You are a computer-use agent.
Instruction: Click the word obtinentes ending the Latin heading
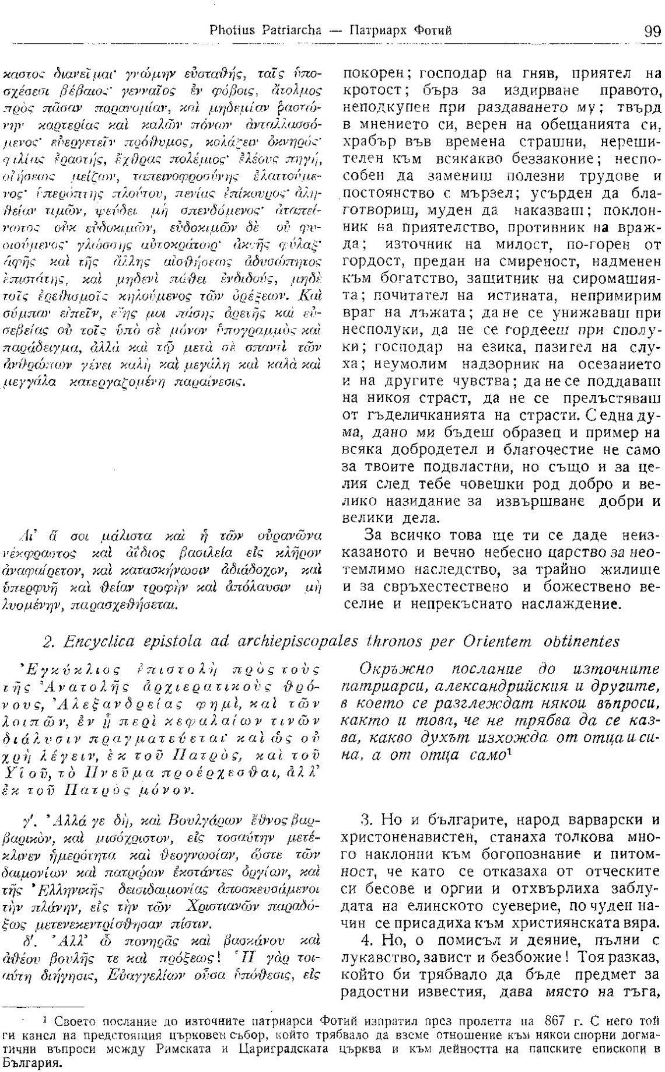pos(572,641)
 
